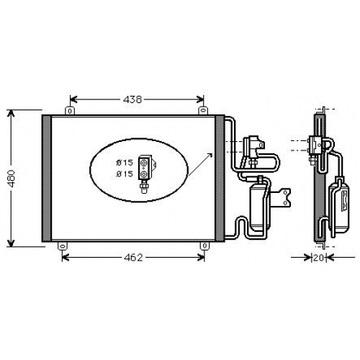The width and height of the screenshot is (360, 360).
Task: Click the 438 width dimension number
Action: click(x=132, y=99)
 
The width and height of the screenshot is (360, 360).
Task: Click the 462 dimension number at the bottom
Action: click(x=133, y=258)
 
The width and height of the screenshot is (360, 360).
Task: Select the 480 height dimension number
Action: click(x=11, y=179)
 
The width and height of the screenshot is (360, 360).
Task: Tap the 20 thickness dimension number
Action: click(x=319, y=258)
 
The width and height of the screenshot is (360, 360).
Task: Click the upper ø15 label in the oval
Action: click(x=125, y=163)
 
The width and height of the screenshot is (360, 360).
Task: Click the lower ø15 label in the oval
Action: click(x=125, y=174)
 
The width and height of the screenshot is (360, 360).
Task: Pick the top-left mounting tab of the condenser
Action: click(x=70, y=111)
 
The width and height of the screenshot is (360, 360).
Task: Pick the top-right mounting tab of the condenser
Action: click(x=203, y=111)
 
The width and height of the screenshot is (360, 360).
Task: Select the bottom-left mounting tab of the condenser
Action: click(x=63, y=246)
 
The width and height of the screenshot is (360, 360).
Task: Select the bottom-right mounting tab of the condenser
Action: click(x=204, y=246)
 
